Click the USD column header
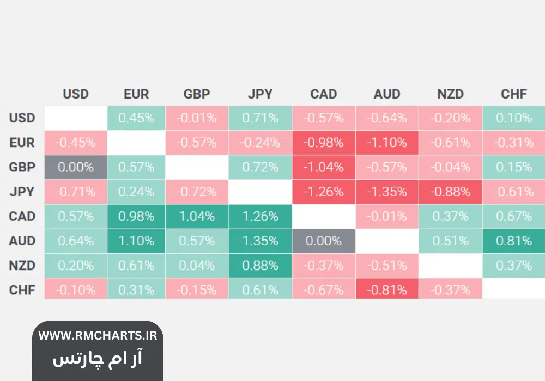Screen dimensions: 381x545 76,94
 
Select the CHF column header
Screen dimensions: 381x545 514,94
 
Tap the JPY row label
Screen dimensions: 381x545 22,192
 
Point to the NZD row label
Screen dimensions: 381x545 22,266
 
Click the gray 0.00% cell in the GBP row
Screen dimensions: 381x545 76,167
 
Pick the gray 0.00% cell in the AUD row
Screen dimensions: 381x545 324,241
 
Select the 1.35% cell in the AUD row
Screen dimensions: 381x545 260,241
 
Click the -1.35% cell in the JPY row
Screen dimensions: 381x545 387,192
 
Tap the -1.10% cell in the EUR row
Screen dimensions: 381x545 387,143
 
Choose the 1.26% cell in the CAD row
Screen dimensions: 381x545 260,217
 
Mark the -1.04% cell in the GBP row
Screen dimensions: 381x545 324,167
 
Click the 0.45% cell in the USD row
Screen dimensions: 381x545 136,118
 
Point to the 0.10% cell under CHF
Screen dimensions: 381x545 514,118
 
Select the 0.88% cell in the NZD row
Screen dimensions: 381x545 260,266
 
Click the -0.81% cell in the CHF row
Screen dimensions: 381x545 387,290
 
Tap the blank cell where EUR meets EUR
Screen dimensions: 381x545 136,143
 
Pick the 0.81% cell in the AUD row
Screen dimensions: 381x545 514,241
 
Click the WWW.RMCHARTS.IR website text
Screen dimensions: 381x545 98,335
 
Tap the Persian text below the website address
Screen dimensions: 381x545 98,358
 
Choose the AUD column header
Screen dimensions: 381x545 387,94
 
